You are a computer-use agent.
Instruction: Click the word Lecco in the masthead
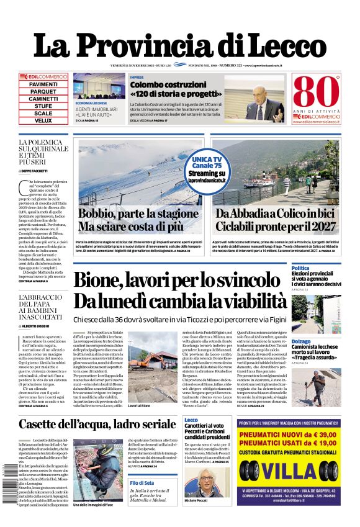click(282, 45)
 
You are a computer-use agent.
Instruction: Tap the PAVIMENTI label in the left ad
click(43, 84)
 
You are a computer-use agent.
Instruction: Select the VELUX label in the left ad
click(43, 120)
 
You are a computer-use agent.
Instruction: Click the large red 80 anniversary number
click(314, 92)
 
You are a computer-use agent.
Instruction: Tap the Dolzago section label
click(318, 341)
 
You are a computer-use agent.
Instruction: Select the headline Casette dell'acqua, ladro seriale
click(97, 425)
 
